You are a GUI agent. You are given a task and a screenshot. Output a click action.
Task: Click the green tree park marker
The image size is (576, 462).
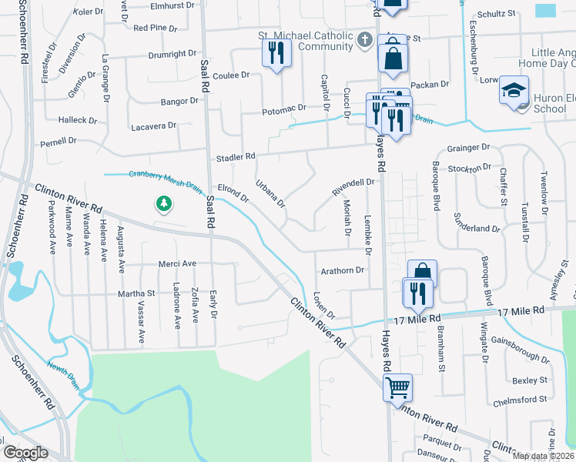163,204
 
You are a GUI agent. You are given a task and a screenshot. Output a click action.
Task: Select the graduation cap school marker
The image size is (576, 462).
514,91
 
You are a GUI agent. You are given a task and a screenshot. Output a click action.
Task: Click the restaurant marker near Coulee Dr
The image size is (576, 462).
275,54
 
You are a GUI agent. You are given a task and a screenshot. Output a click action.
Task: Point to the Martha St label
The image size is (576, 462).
136,293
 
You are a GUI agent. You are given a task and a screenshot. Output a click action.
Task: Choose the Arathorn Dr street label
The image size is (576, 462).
342,270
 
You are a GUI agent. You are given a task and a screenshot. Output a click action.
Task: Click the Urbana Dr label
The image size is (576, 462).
270,194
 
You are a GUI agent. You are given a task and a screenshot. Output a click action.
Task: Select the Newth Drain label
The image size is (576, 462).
65,372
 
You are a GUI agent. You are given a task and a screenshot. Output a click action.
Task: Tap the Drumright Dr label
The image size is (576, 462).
172,54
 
